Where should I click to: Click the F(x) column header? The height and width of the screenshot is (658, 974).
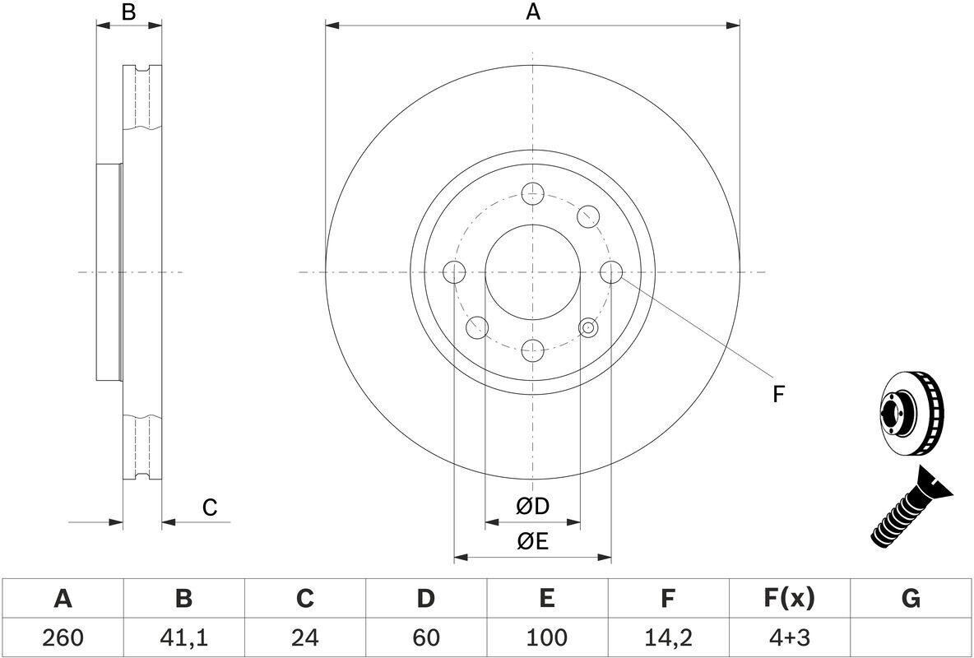tap(788, 599)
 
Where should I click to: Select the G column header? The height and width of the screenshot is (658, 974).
tap(911, 599)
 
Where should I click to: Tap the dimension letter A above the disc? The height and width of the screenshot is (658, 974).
tap(533, 12)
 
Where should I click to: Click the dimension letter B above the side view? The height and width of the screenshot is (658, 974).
tap(128, 12)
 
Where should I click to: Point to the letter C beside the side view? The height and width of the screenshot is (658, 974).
tap(210, 507)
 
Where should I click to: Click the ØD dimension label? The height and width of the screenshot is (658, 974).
tap(532, 507)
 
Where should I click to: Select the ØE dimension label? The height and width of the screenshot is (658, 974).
tap(532, 541)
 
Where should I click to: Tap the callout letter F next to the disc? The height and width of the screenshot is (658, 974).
tap(777, 395)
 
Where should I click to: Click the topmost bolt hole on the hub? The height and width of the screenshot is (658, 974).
tap(533, 193)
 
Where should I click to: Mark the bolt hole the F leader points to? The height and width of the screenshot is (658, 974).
tap(611, 271)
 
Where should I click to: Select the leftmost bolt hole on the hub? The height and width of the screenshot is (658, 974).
tap(454, 271)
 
